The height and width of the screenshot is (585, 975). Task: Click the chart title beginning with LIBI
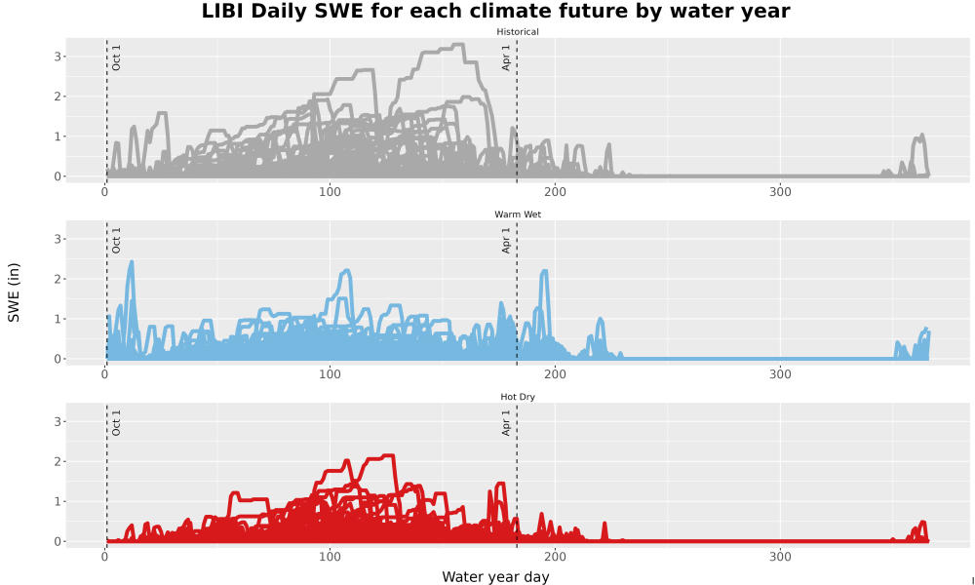click(x=495, y=11)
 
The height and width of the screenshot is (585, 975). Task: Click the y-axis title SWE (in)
click(x=14, y=292)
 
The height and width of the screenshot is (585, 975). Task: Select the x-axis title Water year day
click(x=495, y=576)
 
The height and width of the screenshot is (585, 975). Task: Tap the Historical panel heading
click(x=518, y=32)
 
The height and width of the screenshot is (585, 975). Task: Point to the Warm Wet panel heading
click(x=518, y=214)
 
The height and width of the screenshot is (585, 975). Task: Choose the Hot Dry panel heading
click(x=518, y=397)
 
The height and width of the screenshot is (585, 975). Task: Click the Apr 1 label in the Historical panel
click(x=506, y=58)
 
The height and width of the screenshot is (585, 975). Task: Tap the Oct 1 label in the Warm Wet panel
click(x=116, y=240)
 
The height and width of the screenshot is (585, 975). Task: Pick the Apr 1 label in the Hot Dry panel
click(x=506, y=423)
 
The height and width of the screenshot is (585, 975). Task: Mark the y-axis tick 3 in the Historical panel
click(x=58, y=57)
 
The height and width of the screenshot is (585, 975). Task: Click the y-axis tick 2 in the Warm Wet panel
click(x=58, y=279)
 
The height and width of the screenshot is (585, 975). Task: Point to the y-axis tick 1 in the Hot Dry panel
click(x=58, y=502)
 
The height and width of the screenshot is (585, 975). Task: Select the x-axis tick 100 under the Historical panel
click(x=330, y=192)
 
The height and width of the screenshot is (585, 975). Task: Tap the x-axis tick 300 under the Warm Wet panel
click(x=780, y=374)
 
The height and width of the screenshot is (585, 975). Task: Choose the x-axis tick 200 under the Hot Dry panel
click(x=555, y=557)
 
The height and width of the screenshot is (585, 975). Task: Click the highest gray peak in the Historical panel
click(x=458, y=44)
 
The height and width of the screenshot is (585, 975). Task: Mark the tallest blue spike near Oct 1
click(x=132, y=261)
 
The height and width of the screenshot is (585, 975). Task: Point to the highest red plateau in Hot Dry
click(x=379, y=457)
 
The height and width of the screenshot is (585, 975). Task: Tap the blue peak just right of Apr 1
click(x=545, y=271)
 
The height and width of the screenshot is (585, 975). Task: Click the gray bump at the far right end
click(x=919, y=136)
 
